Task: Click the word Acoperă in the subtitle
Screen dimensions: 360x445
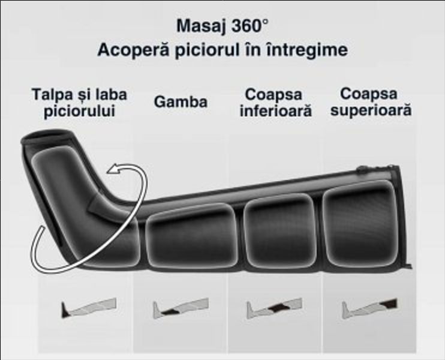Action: point(132,50)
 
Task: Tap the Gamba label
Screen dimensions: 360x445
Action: point(181,102)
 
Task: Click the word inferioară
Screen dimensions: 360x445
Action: point(275,112)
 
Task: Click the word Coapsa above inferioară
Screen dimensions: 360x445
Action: point(273,95)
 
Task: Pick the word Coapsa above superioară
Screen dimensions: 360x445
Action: point(368,94)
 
